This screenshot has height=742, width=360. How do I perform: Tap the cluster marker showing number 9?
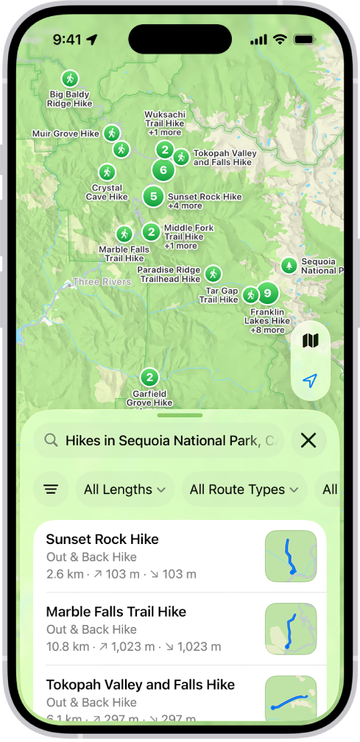coord(267,294)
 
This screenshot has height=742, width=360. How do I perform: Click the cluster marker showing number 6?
coord(163,171)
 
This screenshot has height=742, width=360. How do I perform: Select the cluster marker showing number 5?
coord(153,197)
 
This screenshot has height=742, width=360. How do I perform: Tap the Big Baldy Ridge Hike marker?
coord(70,78)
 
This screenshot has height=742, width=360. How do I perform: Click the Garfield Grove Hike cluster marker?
coord(149,378)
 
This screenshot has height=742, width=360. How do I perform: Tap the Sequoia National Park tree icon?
coord(289,265)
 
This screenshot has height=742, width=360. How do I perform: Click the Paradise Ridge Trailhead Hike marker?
coord(213,274)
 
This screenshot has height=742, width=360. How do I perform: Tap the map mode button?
coord(310,341)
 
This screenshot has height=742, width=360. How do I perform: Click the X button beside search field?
coord(308,440)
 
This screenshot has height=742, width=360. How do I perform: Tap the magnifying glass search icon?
coord(51,440)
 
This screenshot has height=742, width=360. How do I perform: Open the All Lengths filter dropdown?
coord(124,490)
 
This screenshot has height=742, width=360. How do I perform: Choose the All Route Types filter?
coord(244,490)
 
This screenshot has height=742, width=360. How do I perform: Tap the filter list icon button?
coord(51,490)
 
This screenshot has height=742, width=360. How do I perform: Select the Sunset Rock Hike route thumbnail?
coord(290,556)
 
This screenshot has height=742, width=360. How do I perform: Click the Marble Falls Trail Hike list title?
coord(116,612)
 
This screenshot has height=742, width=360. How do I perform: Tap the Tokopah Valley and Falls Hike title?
coord(140,685)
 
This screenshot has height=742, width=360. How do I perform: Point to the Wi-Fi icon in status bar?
coord(279,39)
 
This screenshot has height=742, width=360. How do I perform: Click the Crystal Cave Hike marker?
coord(107,172)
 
